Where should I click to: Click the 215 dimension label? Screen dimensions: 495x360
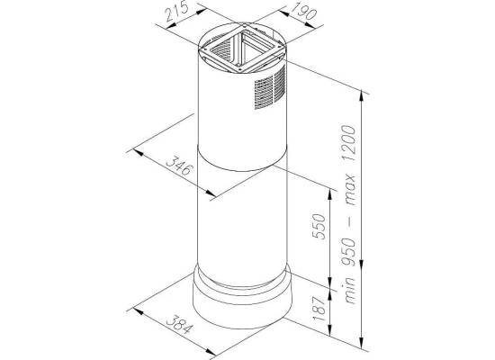click(176, 12)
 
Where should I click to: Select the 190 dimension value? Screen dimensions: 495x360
click(303, 12)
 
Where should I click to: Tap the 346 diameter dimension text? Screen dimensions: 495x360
click(179, 166)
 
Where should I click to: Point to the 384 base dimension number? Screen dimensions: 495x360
click(179, 324)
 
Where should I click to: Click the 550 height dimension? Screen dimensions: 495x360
click(319, 227)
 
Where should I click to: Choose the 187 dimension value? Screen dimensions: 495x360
click(319, 309)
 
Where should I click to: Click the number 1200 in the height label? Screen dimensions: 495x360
click(349, 143)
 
